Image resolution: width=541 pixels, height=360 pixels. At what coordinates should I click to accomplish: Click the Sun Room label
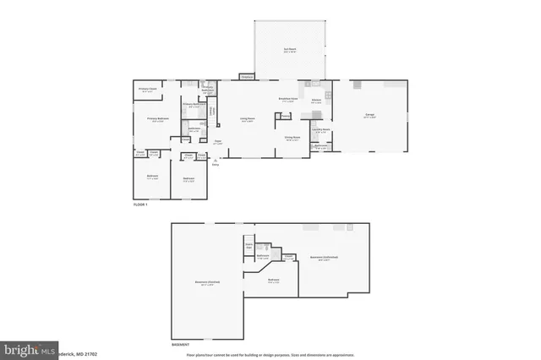pos(290,50)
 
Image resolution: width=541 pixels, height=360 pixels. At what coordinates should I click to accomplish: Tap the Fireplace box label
pos(247,78)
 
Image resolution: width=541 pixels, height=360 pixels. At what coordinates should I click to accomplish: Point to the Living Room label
pos(248,119)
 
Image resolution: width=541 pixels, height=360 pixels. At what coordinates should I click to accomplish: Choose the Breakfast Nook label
pos(287,99)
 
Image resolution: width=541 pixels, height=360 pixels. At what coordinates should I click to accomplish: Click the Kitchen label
pos(316,101)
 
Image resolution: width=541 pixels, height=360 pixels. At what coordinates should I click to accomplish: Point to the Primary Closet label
pos(147,90)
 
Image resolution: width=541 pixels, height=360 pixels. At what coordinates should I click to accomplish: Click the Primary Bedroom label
pos(158,118)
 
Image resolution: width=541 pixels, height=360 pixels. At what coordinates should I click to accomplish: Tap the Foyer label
pos(217,142)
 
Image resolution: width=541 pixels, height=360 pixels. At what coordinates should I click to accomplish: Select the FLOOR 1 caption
pos(141,205)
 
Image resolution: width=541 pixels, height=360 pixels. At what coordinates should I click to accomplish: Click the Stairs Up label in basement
pos(249,245)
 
